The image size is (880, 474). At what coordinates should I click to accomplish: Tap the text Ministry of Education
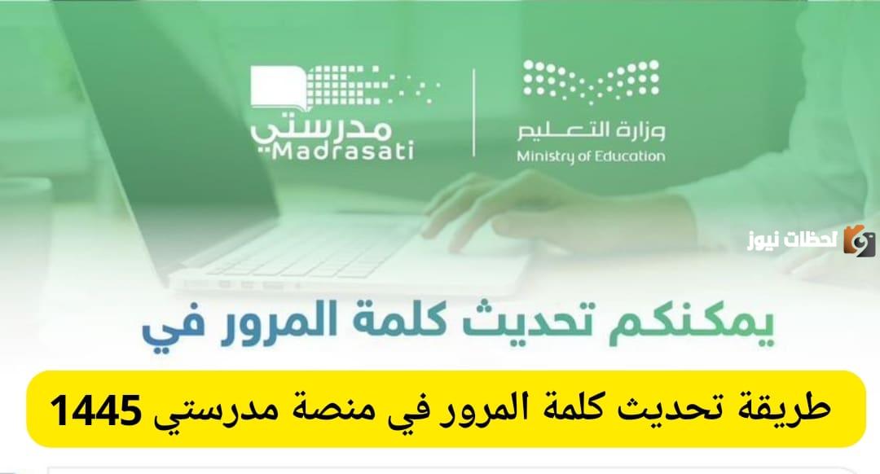click(591, 156)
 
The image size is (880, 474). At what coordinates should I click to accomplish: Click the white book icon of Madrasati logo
click(278, 86)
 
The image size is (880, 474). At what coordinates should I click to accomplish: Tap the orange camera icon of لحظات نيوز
click(860, 239)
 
